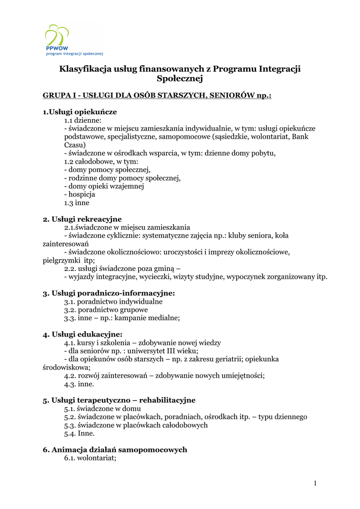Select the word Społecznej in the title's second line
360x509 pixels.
[x=180, y=79]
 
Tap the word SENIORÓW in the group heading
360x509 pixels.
[x=230, y=95]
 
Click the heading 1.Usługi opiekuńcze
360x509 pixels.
[x=80, y=112]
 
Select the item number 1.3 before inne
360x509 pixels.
[x=70, y=203]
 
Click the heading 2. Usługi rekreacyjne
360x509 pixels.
[x=82, y=219]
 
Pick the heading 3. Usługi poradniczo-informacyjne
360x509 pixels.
[x=109, y=293]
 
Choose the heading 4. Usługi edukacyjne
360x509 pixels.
[x=83, y=334]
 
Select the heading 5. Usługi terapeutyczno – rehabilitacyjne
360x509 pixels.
[x=119, y=400]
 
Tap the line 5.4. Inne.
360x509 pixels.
[x=79, y=433]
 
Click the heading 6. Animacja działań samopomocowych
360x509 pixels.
[x=115, y=449]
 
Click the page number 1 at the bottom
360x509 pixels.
[x=315, y=483]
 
